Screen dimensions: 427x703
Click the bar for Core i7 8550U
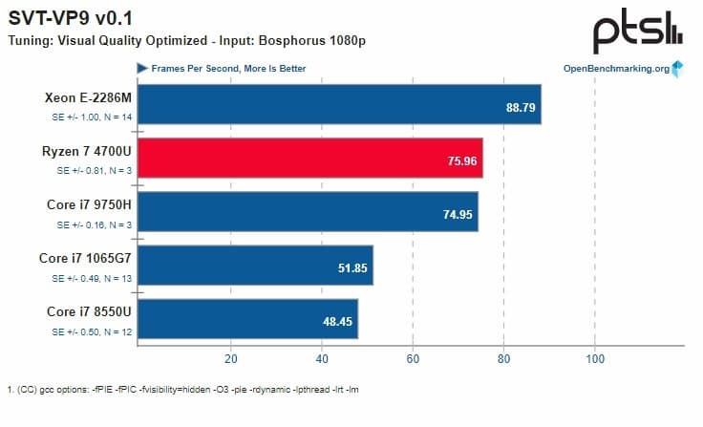click(247, 318)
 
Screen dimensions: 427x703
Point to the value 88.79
click(522, 106)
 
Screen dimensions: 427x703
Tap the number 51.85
click(353, 267)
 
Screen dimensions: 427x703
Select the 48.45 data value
click(338, 320)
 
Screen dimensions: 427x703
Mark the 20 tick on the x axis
click(230, 359)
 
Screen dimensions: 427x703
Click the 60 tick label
click(413, 359)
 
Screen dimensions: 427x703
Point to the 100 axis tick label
click(595, 359)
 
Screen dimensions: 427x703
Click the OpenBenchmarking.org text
click(615, 69)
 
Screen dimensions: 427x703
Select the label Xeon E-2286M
click(87, 97)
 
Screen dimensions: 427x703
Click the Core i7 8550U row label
click(87, 311)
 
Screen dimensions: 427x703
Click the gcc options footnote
click(181, 390)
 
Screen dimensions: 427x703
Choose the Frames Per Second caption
click(228, 69)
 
